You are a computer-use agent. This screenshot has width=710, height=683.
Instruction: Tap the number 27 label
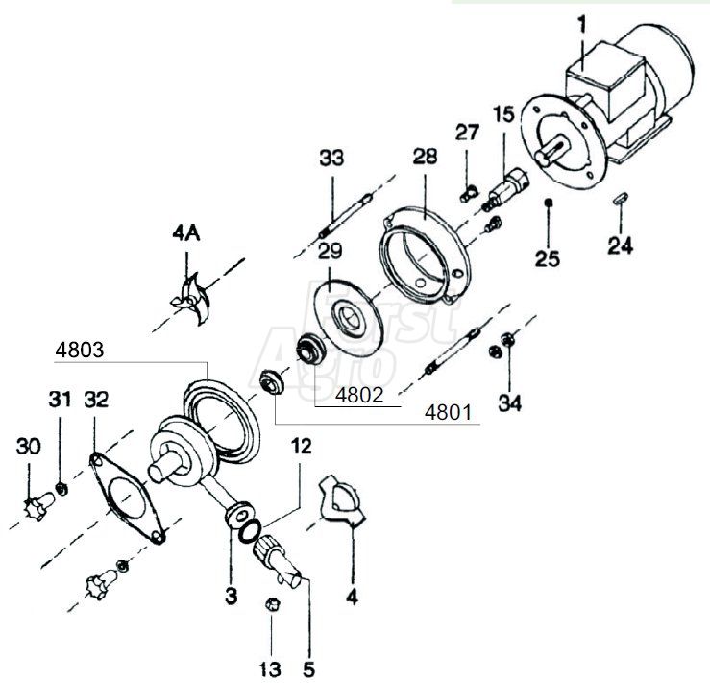[467, 132]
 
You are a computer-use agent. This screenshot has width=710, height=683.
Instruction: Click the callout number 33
[332, 157]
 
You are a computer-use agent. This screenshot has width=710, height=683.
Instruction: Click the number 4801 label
[448, 414]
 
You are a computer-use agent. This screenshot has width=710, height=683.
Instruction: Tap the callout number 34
[510, 403]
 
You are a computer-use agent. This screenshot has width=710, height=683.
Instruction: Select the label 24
[621, 246]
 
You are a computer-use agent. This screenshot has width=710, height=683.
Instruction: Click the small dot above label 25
[547, 203]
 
